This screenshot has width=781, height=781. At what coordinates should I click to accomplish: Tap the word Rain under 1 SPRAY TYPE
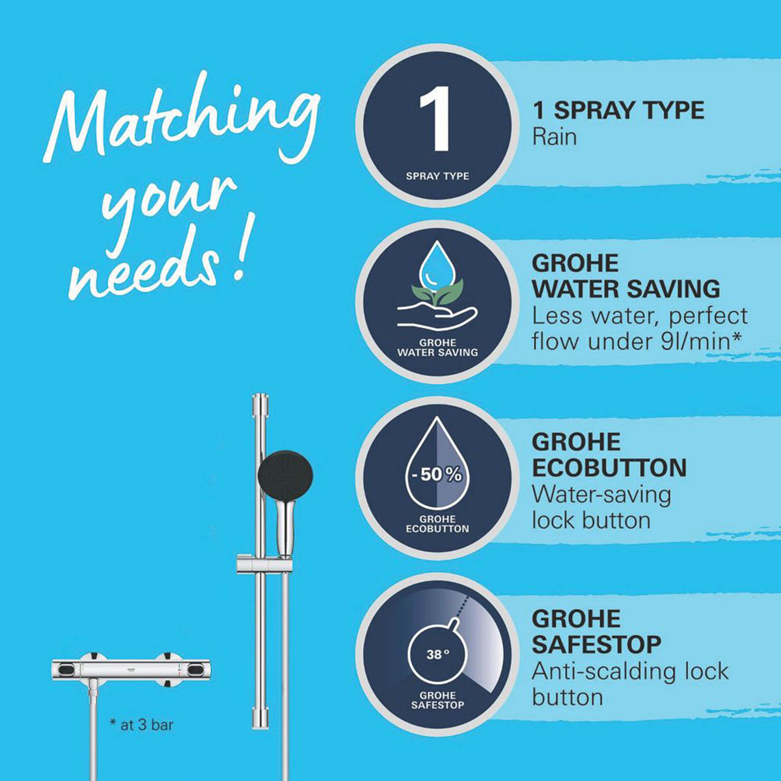(x=555, y=137)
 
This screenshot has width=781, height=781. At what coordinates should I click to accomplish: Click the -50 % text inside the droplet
(x=437, y=474)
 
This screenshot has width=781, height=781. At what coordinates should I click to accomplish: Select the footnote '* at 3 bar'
(x=141, y=724)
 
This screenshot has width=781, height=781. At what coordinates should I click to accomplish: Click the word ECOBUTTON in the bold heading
(x=609, y=468)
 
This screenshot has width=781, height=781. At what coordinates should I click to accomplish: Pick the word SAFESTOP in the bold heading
(x=596, y=644)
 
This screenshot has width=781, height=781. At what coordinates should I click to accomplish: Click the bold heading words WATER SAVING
(x=625, y=288)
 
